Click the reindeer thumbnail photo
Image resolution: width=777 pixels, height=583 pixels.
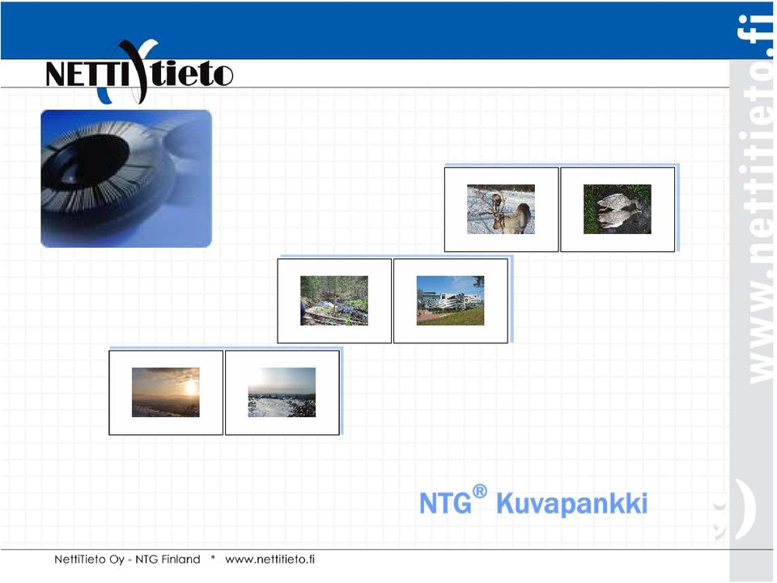point(500,209)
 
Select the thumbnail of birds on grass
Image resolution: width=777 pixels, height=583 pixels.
point(617,209)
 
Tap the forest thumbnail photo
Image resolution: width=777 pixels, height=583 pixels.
point(334,300)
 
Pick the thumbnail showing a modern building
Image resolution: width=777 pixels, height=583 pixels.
point(451,300)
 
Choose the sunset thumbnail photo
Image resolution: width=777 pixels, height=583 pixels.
point(165,392)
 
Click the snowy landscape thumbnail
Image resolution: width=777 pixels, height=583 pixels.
point(282,392)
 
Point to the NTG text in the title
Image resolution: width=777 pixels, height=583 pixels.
point(445,504)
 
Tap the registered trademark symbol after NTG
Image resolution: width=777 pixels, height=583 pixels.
point(479,492)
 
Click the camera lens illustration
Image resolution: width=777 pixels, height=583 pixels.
point(126,178)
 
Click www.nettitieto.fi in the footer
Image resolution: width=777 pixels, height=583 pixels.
point(270,560)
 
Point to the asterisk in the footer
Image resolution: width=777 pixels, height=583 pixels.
point(213,558)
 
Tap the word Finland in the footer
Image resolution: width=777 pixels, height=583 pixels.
point(180,560)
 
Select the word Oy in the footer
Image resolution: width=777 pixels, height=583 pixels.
point(117,560)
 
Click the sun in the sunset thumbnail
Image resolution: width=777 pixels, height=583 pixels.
point(191,387)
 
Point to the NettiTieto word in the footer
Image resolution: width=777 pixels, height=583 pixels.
point(79,560)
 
